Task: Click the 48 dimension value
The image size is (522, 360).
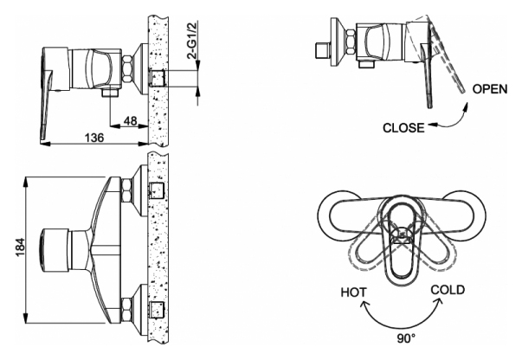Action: pos(130,121)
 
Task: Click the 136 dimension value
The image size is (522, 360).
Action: pos(94,138)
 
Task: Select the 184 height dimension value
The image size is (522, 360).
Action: pos(20,247)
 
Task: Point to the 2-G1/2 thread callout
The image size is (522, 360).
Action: pos(193,40)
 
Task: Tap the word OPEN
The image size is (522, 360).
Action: pos(490,89)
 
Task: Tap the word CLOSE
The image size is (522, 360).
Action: pos(403,128)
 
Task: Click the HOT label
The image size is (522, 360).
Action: pos(353,292)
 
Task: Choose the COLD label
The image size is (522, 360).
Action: pos(448,290)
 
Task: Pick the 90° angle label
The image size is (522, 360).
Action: pos(406,339)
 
